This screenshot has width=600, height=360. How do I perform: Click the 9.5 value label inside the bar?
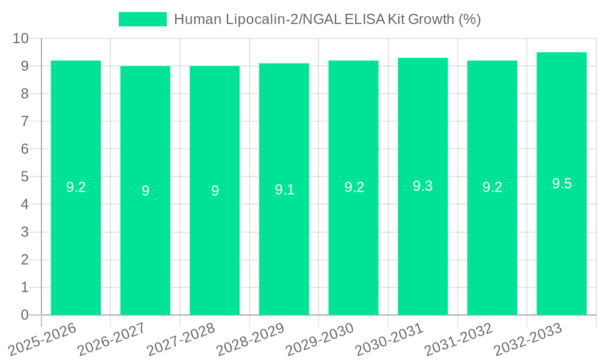(562, 184)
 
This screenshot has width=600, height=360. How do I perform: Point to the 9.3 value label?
(423, 186)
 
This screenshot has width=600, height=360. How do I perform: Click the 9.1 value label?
(284, 190)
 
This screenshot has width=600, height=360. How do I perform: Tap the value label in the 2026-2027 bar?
(145, 191)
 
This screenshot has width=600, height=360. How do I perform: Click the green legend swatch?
(143, 19)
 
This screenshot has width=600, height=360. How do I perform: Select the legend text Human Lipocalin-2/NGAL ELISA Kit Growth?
(327, 19)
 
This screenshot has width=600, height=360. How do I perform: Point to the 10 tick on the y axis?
(21, 38)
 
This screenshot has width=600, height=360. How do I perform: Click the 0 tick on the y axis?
(25, 315)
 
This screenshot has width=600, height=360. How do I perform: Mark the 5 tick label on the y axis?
(25, 177)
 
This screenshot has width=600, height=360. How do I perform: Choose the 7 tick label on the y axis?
(25, 121)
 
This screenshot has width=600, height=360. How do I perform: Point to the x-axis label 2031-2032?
(460, 338)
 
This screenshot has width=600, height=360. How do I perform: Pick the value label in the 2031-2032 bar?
(492, 187)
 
